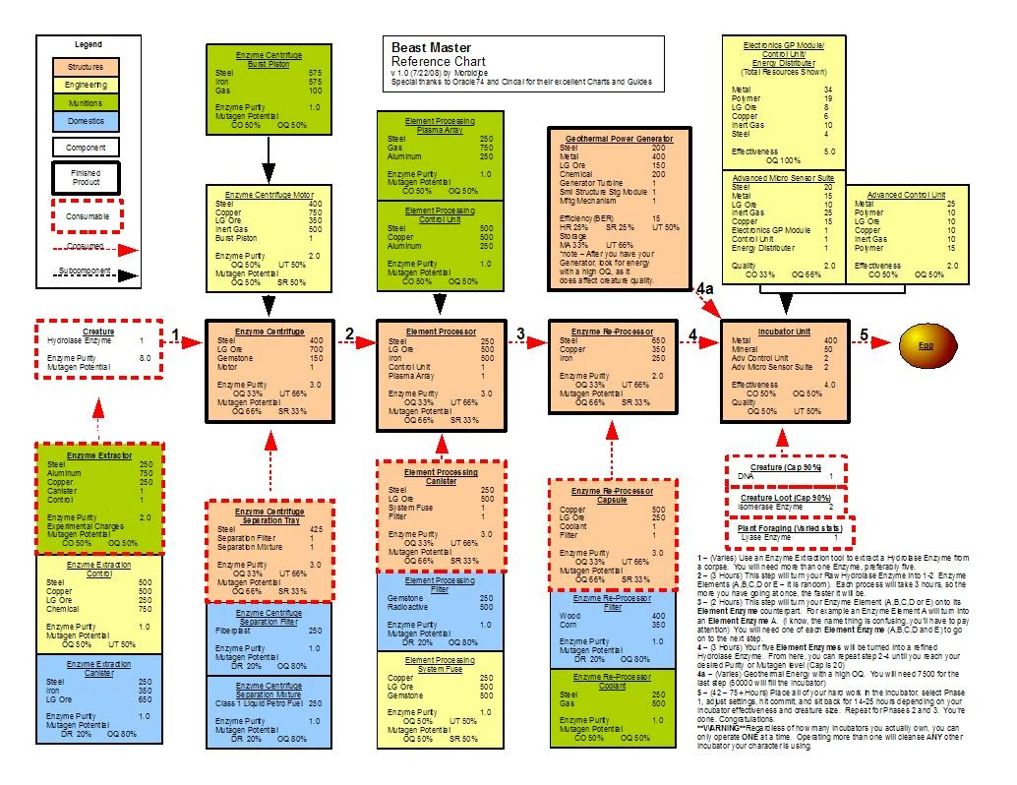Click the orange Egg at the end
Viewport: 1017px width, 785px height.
point(926,346)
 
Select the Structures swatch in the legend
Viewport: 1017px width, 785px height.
point(85,68)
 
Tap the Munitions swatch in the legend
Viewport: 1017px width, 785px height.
point(85,103)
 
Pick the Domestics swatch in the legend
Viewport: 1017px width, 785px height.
point(85,121)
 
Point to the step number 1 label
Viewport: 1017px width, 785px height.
point(175,336)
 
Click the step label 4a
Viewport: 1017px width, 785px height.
point(704,289)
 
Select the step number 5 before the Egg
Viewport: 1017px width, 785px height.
point(864,335)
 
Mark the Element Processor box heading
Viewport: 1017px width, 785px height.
point(441,332)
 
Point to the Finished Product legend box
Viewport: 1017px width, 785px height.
point(86,178)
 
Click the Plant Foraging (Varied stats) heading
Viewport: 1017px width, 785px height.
point(791,528)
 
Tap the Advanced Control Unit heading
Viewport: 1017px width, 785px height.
point(905,195)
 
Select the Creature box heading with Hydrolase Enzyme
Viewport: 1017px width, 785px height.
point(97,332)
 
